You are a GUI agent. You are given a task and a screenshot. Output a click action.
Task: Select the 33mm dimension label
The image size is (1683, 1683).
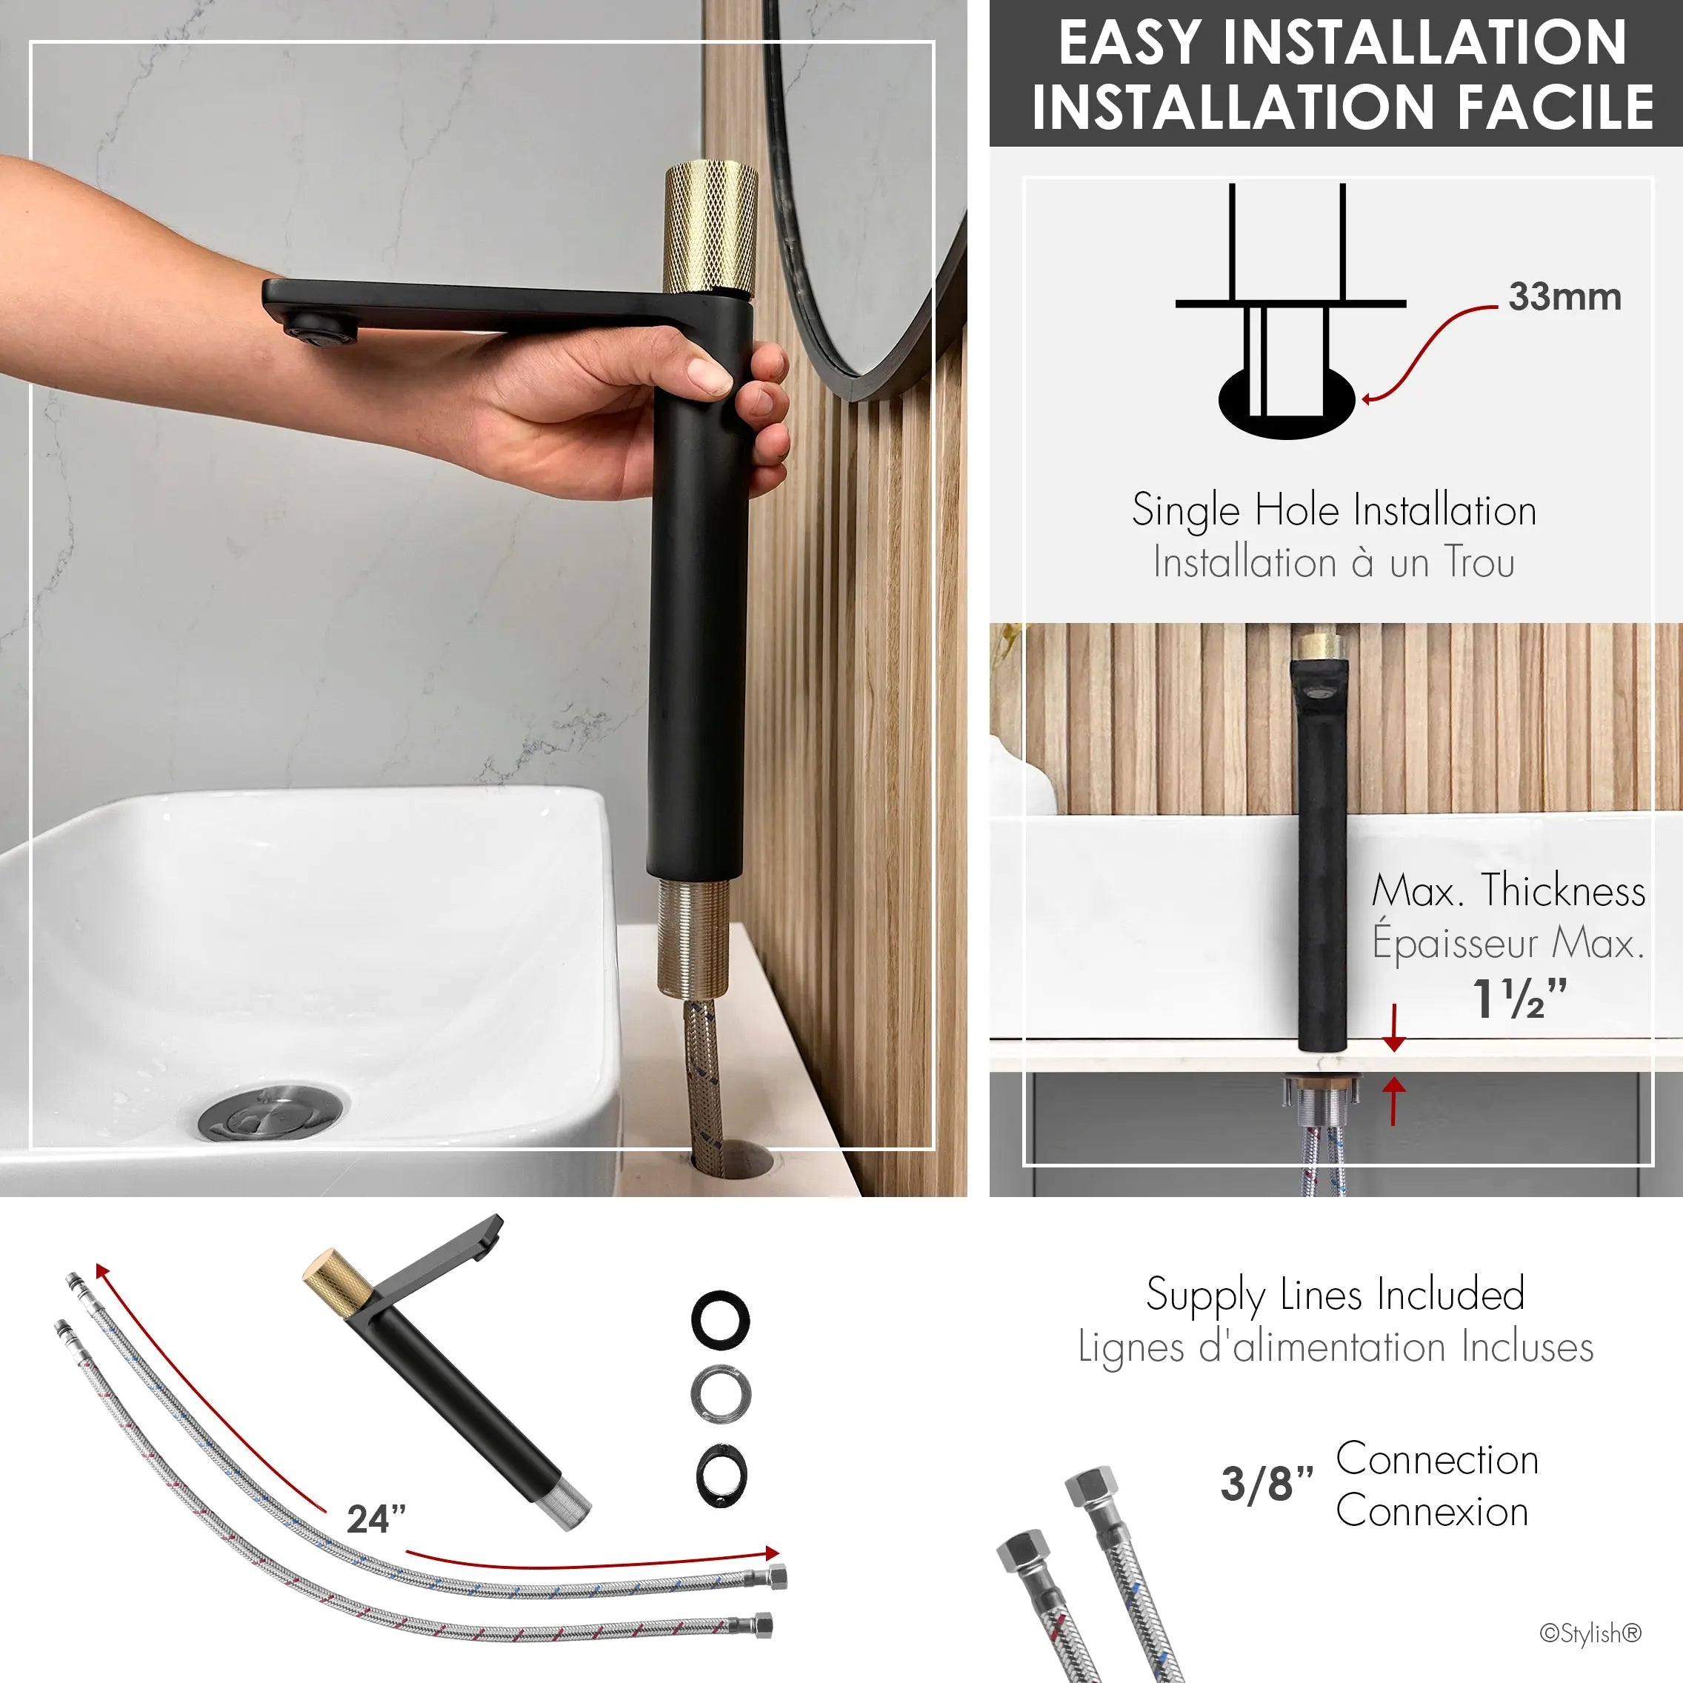coord(1564,297)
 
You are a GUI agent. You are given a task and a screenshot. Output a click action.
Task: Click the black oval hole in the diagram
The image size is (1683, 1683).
coord(1287,404)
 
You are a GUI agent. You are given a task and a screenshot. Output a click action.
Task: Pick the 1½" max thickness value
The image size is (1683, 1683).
coord(1519,999)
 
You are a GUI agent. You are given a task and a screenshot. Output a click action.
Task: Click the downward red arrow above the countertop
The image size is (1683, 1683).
coord(1394,1028)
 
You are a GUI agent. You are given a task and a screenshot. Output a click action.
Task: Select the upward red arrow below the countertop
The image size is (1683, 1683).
coord(1394,1100)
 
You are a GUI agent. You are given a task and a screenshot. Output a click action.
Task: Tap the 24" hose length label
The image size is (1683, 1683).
coord(376,1519)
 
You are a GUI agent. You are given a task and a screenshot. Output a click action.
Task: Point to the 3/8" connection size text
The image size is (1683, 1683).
coord(1267,1484)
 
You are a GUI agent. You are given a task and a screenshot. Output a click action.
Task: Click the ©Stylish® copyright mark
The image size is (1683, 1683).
coord(1590,1633)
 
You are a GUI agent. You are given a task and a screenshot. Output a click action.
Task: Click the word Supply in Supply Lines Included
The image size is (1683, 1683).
coord(1204,1296)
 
